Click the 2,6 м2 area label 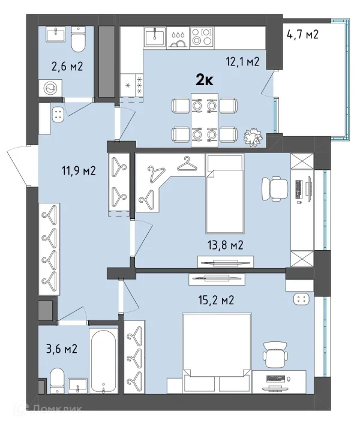67,66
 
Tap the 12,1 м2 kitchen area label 242,62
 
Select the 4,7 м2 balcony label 302,35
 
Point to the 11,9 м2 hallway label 79,171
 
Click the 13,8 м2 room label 226,245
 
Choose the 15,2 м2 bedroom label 216,300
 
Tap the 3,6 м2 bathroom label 62,349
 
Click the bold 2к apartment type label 205,80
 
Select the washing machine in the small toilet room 50,88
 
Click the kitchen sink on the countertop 155,37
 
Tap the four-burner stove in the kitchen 202,37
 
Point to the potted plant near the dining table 253,137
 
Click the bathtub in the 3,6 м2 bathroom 104,361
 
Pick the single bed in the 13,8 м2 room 225,193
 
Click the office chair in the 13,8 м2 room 275,189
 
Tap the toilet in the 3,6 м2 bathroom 58,380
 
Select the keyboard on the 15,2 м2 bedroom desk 276,378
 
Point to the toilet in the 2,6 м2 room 78,40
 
